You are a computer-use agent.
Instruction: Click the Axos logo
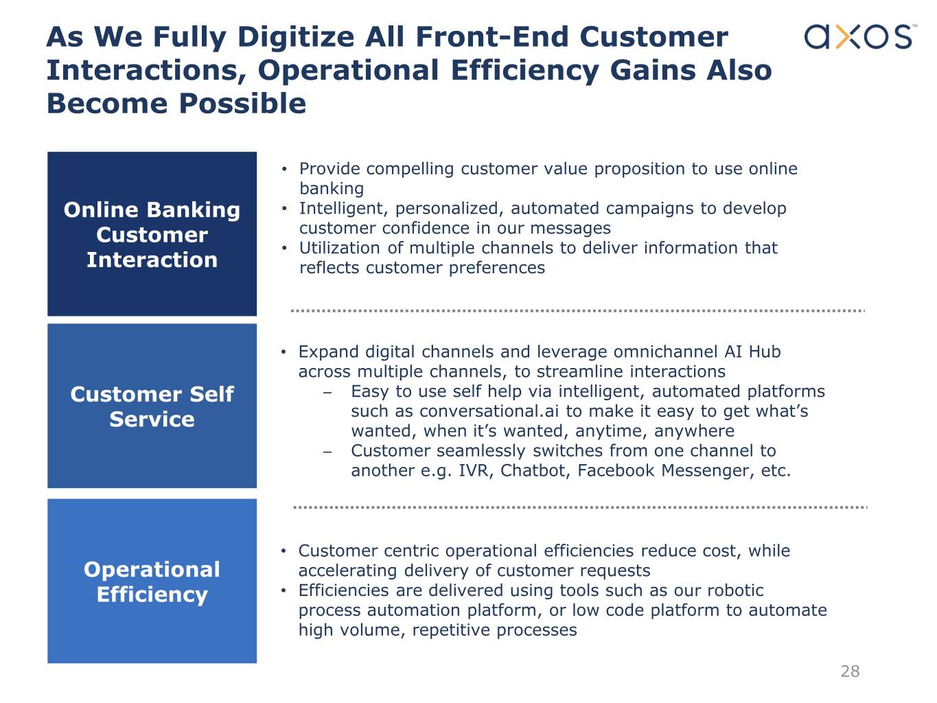tap(858, 36)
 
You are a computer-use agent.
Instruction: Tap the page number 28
tap(850, 671)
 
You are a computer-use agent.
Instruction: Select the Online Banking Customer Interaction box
tap(152, 234)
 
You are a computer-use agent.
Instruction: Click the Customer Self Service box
tap(152, 406)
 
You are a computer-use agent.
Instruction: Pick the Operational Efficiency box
tap(152, 581)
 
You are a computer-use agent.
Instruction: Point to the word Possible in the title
tap(242, 104)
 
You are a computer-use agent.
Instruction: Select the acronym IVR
tap(472, 471)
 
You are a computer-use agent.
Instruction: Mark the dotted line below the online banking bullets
tap(577, 311)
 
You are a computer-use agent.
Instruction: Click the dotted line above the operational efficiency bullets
tap(580, 507)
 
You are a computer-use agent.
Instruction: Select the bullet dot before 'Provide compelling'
tap(284, 170)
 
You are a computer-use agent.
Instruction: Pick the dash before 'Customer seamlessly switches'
tap(327, 452)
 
